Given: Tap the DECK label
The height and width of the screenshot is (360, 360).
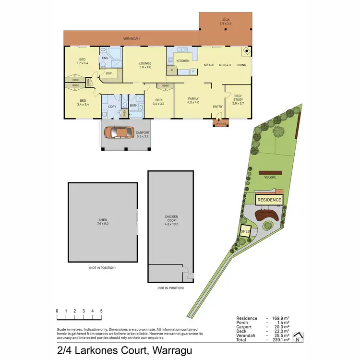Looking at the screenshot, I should click(x=225, y=20).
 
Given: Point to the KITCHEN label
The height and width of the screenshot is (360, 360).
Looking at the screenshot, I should click(x=183, y=61).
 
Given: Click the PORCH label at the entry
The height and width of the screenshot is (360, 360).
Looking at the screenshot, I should click(x=220, y=124).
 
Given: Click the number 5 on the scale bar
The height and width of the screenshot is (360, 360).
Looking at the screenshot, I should click(x=101, y=312).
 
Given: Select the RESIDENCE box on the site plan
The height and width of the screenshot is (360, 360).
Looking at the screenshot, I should click(x=269, y=200).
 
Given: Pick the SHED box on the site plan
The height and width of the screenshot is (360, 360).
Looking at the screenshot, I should click(x=245, y=231).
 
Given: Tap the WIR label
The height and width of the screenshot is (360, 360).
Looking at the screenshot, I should click(x=108, y=73).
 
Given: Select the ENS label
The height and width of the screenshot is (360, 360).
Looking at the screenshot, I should click(x=105, y=58).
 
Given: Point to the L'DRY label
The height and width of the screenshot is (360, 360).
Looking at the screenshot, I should click(x=112, y=106).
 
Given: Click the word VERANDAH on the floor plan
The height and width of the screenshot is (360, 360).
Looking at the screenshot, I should click(x=131, y=38).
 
